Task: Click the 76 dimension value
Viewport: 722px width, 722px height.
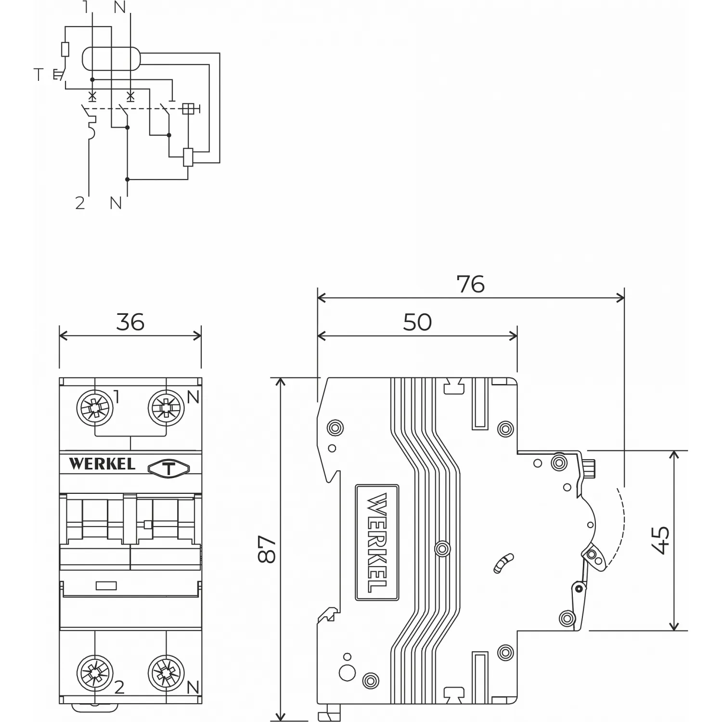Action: tap(470, 284)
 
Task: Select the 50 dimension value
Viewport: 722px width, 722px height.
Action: tap(417, 322)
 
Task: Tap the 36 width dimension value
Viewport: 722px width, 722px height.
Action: tap(130, 322)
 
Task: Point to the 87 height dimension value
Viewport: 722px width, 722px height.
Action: tap(267, 549)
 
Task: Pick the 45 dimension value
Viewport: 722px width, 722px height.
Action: tap(662, 540)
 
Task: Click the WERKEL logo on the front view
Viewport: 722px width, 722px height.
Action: tap(102, 464)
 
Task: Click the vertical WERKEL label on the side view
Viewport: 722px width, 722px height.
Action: tap(377, 542)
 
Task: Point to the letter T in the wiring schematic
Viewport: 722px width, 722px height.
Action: tap(39, 75)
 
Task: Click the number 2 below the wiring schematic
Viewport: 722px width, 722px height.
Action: tap(80, 203)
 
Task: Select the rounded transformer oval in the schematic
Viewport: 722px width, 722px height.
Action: tap(111, 59)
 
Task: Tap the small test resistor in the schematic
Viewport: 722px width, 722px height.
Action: tap(65, 50)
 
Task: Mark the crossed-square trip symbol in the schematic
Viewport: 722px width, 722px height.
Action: tap(188, 109)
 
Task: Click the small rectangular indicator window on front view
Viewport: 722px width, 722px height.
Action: tap(106, 586)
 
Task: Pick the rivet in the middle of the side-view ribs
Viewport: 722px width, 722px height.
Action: tap(442, 548)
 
